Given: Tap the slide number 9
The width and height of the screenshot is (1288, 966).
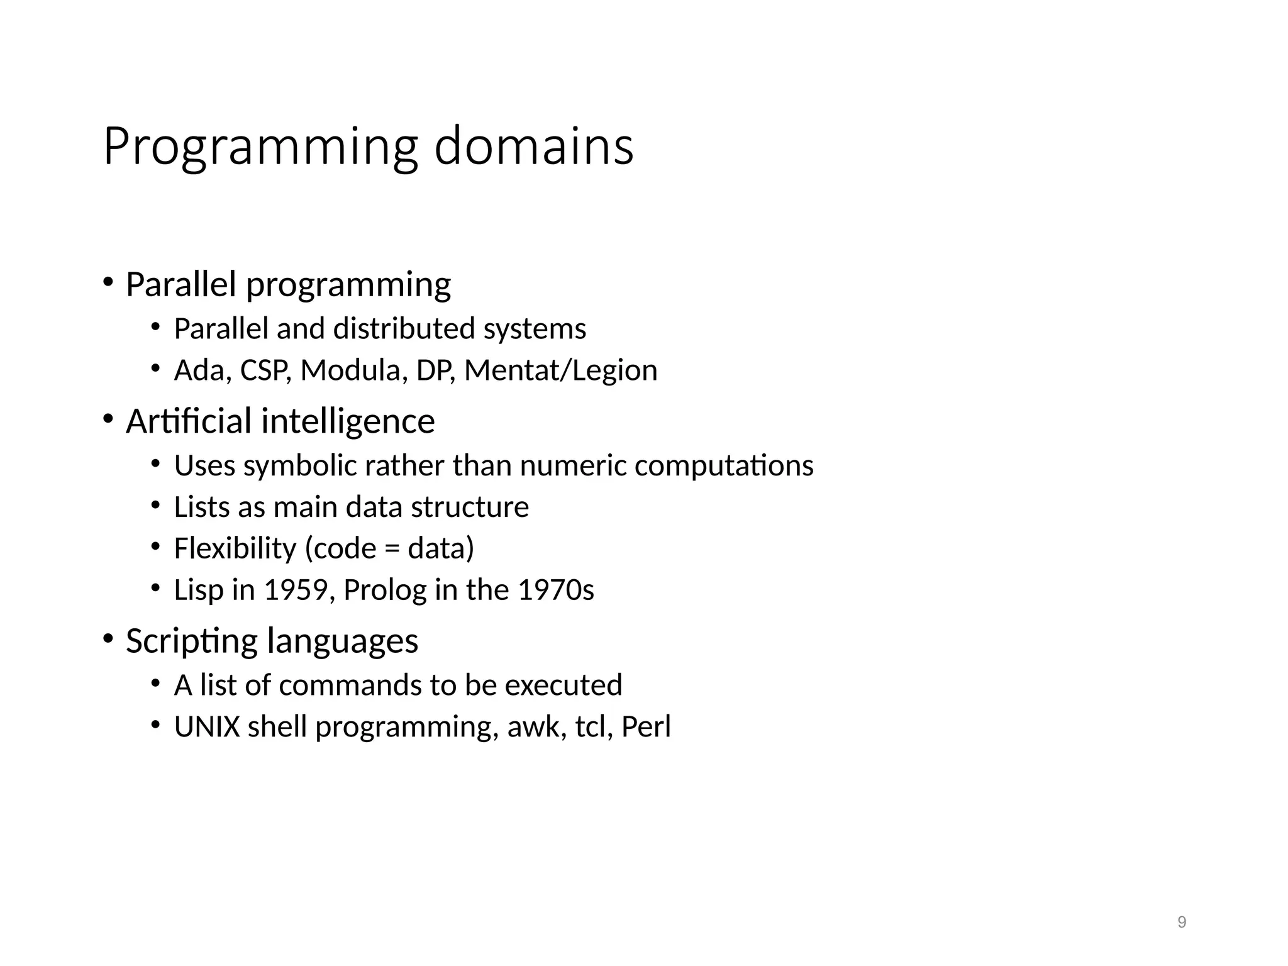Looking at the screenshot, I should [1182, 922].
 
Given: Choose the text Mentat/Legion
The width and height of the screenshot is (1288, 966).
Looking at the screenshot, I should [560, 370].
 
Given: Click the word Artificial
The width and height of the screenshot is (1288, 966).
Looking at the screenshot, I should [188, 421].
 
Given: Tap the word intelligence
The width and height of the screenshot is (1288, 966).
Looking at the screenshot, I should [348, 422].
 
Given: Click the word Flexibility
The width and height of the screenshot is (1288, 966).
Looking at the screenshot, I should [235, 548].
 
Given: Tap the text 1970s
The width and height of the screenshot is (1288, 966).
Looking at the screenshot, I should [555, 590].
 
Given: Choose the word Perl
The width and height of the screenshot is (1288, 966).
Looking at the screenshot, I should [646, 726].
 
